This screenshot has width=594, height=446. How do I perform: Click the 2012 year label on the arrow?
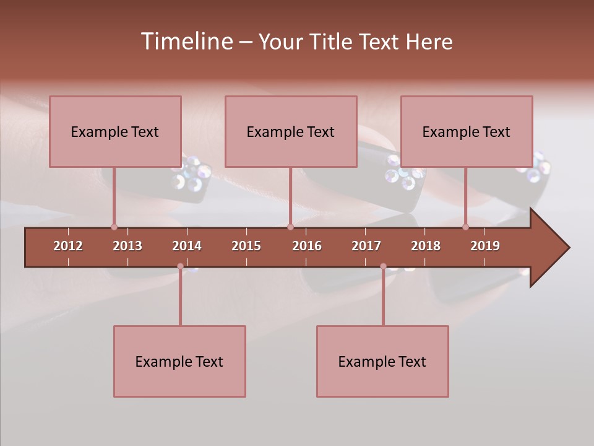(x=68, y=246)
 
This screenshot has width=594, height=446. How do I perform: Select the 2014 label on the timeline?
(x=187, y=246)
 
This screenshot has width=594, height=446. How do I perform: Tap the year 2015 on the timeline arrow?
(x=246, y=246)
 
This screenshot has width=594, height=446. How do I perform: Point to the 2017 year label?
(x=366, y=246)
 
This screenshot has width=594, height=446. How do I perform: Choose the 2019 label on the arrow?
(x=485, y=246)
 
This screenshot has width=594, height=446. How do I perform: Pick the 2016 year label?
(x=307, y=246)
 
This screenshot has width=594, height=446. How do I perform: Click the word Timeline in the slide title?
(x=186, y=42)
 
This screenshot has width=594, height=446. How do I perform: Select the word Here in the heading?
(x=429, y=42)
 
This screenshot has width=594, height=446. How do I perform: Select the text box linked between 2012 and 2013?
(x=115, y=131)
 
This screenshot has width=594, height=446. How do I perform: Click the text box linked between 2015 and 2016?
(x=291, y=131)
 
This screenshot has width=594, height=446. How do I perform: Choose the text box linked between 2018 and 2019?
(x=467, y=131)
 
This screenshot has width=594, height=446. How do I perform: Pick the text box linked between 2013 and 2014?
(x=179, y=361)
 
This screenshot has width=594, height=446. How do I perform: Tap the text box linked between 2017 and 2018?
(x=382, y=361)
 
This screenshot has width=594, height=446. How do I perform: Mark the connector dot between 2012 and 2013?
(x=114, y=227)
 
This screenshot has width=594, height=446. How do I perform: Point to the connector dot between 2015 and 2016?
(x=290, y=227)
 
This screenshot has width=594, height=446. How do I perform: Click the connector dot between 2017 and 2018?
(x=383, y=266)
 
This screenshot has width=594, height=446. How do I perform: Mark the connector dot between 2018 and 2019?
(x=465, y=227)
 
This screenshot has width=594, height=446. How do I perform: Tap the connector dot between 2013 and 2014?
(x=180, y=266)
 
